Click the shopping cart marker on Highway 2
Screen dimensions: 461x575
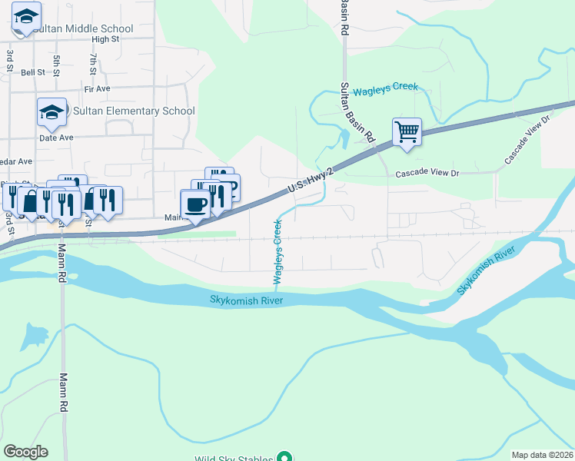[407, 131]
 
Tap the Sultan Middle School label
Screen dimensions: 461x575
[84, 29]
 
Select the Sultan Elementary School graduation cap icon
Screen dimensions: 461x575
[52, 112]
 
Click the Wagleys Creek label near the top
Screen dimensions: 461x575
[385, 88]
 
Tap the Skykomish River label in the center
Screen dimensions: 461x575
[242, 300]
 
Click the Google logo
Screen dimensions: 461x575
[25, 452]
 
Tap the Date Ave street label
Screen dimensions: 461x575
[56, 138]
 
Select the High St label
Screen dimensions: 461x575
[105, 39]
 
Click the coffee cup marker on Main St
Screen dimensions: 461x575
[194, 204]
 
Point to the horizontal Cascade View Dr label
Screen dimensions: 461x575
[427, 174]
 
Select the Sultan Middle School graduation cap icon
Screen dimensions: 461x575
[26, 17]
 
